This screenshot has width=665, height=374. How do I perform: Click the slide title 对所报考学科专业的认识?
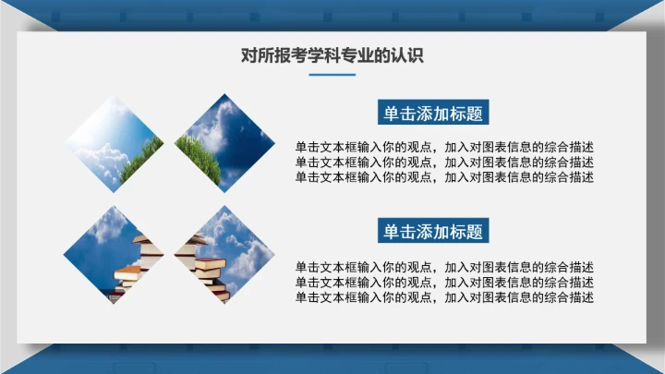(332, 55)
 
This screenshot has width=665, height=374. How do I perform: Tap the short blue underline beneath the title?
(332, 75)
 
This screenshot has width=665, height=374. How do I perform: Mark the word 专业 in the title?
(359, 55)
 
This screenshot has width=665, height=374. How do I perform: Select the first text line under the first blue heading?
(444, 148)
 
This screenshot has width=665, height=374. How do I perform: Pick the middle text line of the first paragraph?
(444, 163)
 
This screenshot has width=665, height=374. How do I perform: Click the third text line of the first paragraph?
(444, 177)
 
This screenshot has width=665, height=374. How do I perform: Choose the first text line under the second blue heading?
(444, 268)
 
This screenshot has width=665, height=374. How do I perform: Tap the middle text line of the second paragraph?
(444, 283)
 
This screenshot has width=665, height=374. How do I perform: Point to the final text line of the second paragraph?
(444, 297)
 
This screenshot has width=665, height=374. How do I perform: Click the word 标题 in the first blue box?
(465, 113)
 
